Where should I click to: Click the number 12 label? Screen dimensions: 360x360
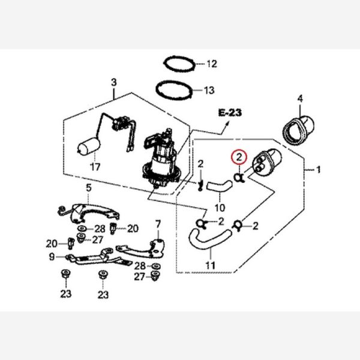(x=211, y=63)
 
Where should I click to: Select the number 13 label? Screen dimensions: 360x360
(x=209, y=91)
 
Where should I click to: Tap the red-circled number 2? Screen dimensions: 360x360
(x=239, y=158)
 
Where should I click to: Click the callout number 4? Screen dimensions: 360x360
(x=301, y=98)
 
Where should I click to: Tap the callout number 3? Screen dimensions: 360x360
(x=113, y=82)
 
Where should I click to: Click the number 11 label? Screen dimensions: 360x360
(x=210, y=265)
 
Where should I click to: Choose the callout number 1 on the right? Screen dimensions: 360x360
(x=318, y=170)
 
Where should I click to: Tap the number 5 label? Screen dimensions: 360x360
(x=88, y=188)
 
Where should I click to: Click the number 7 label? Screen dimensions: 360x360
(x=158, y=224)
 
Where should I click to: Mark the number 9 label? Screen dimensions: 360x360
(x=52, y=256)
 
